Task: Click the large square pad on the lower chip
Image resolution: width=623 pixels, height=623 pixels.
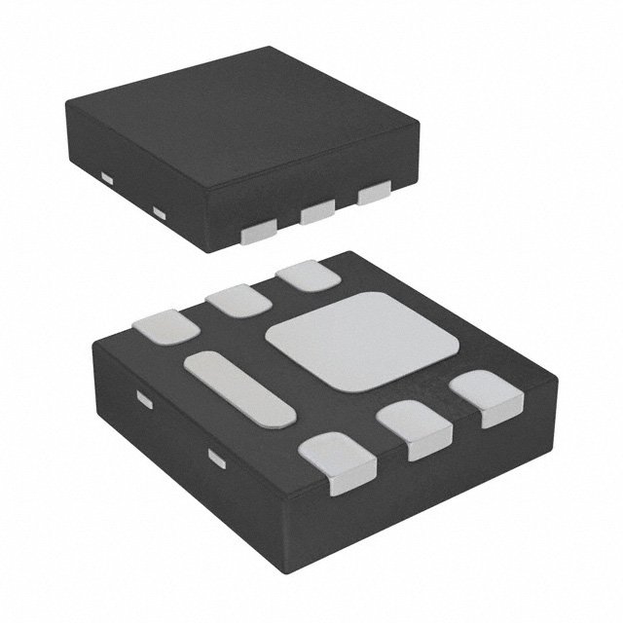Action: (361, 341)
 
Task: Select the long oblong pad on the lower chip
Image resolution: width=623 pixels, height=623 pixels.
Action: (239, 388)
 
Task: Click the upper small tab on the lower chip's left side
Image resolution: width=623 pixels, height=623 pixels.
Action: (144, 400)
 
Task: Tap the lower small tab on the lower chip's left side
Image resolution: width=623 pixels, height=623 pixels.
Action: (216, 455)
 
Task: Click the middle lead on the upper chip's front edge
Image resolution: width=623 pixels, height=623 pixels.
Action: (316, 212)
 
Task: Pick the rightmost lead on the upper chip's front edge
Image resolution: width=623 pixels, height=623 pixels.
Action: (372, 195)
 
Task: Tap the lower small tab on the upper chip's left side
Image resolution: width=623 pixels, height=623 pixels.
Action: (160, 211)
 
